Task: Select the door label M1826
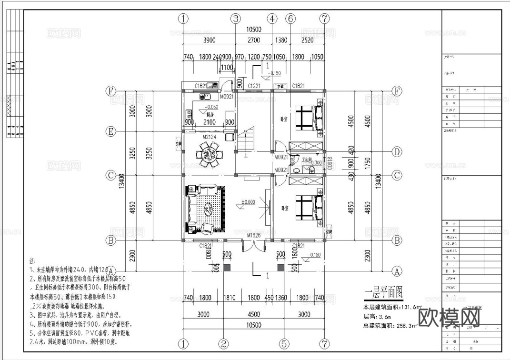click(254, 235)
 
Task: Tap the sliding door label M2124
click(209, 137)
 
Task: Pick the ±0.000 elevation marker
click(249, 202)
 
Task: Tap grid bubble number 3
click(236, 19)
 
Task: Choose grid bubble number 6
click(290, 19)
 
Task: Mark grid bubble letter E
click(110, 131)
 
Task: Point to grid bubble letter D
click(396, 152)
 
